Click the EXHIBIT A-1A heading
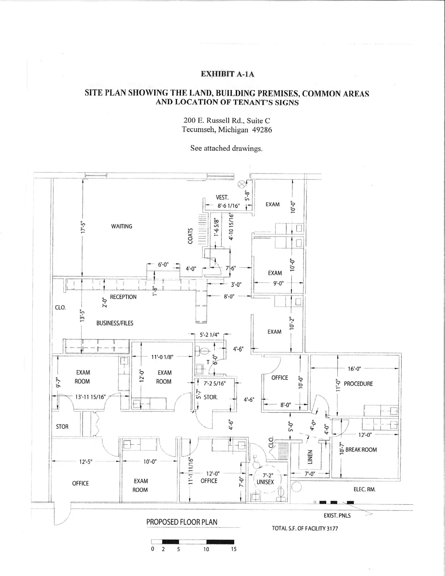click(x=227, y=74)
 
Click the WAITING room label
click(x=122, y=226)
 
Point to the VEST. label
click(x=222, y=197)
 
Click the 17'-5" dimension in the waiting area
click(x=83, y=228)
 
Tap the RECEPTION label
click(x=123, y=297)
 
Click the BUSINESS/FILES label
click(x=114, y=323)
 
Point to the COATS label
click(x=190, y=235)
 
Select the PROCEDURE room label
click(x=358, y=384)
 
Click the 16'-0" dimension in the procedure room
click(x=354, y=369)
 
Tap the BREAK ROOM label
click(x=361, y=450)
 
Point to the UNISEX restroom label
click(x=265, y=482)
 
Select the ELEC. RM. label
click(x=364, y=490)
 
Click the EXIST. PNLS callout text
click(x=337, y=516)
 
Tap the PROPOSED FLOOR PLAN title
click(x=181, y=522)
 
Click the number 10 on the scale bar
click(x=206, y=549)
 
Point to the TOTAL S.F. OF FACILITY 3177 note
click(x=305, y=529)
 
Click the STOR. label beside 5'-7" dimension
click(x=211, y=397)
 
